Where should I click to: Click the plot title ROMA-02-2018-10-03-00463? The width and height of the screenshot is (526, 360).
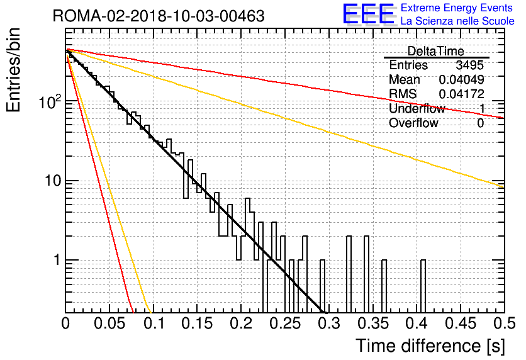pyautogui.click(x=159, y=16)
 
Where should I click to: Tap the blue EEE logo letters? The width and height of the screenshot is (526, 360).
pyautogui.click(x=368, y=14)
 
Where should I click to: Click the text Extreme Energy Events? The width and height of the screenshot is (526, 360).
pyautogui.click(x=457, y=8)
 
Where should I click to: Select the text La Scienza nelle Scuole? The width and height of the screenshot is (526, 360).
pyautogui.click(x=457, y=21)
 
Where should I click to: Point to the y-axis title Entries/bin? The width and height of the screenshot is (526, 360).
pyautogui.click(x=13, y=70)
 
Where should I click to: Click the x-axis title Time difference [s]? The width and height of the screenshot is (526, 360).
pyautogui.click(x=430, y=346)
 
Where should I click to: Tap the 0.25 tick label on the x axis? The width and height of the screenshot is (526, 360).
pyautogui.click(x=285, y=323)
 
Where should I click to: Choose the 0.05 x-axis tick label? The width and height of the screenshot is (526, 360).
pyautogui.click(x=109, y=323)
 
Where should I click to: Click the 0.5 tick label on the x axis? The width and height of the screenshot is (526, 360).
pyautogui.click(x=504, y=323)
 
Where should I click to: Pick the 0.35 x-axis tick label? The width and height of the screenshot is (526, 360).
pyautogui.click(x=372, y=323)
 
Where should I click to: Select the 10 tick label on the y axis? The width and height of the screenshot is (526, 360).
pyautogui.click(x=53, y=181)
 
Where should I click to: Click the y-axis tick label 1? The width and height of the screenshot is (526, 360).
pyautogui.click(x=58, y=260)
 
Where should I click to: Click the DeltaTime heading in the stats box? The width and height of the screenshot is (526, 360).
pyautogui.click(x=436, y=51)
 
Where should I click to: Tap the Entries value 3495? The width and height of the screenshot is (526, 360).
pyautogui.click(x=469, y=65)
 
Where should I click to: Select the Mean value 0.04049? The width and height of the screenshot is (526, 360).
pyautogui.click(x=462, y=79)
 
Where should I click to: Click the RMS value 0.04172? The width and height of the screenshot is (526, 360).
pyautogui.click(x=462, y=94)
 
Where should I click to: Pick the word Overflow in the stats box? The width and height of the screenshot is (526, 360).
pyautogui.click(x=413, y=123)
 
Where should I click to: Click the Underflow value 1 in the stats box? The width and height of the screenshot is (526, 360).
pyautogui.click(x=482, y=108)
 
